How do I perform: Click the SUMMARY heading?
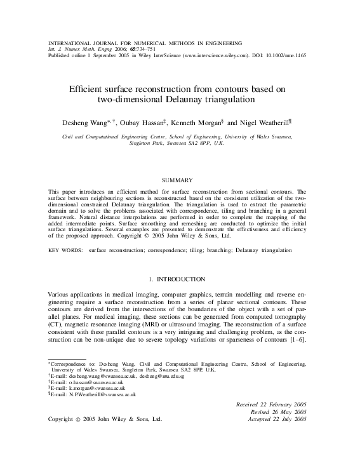tap(180, 180)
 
